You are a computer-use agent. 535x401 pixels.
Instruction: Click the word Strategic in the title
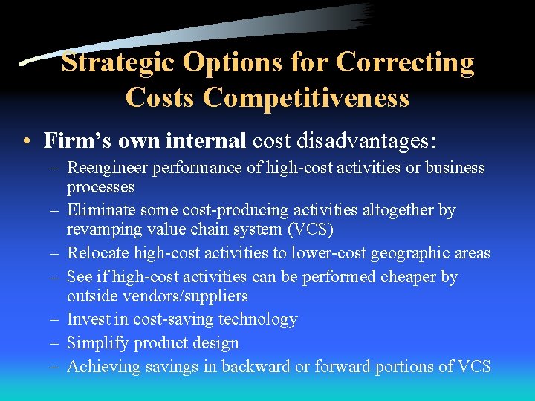pyautogui.click(x=119, y=62)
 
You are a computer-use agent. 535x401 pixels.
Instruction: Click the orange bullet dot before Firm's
pyautogui.click(x=26, y=140)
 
